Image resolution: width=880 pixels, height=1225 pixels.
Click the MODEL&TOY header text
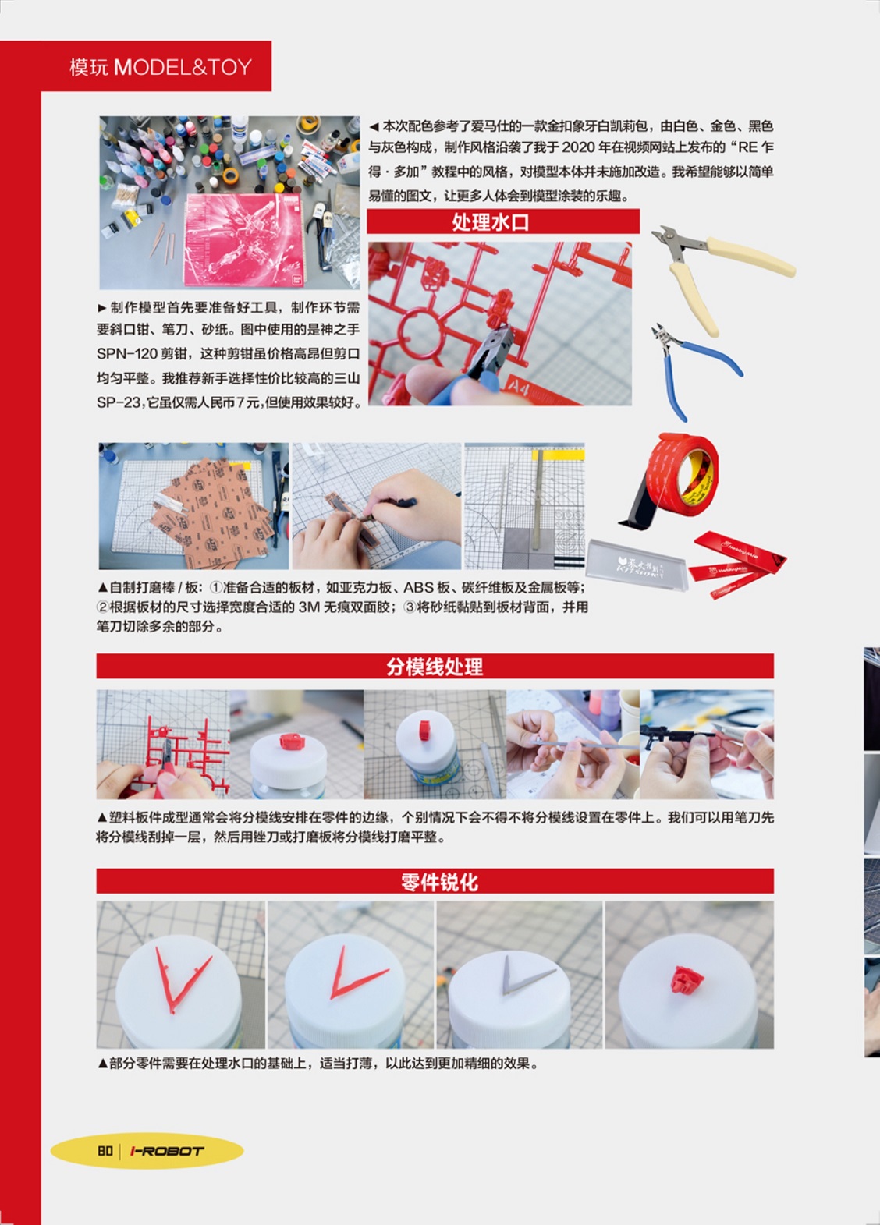(183, 67)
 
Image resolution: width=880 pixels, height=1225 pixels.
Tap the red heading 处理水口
(491, 222)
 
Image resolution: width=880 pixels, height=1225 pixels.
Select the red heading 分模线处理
(435, 667)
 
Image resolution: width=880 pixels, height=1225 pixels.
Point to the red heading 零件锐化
(439, 882)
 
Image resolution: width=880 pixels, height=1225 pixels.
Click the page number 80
(105, 1151)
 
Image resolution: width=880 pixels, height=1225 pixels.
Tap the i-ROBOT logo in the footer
(167, 1151)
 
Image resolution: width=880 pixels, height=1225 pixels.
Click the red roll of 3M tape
(681, 475)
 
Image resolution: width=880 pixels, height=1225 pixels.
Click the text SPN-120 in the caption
(126, 354)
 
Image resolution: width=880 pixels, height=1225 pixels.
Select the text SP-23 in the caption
(119, 402)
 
